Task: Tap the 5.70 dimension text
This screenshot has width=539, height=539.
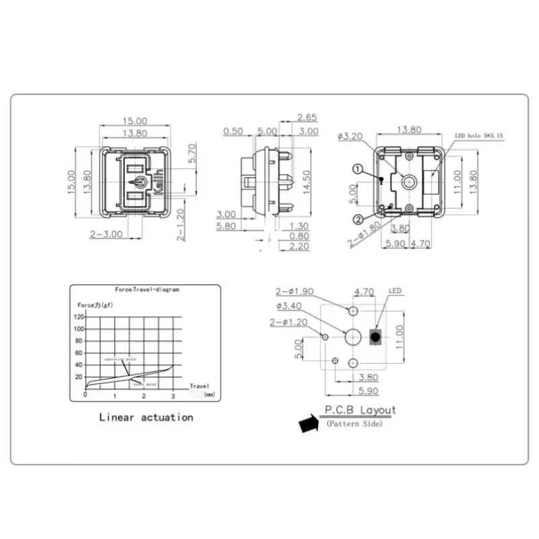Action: pyautogui.click(x=191, y=153)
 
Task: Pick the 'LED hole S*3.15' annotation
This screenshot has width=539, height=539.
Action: pyautogui.click(x=479, y=136)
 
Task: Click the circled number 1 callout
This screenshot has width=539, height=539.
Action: pyautogui.click(x=358, y=168)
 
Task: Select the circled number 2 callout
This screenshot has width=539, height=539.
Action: pyautogui.click(x=358, y=218)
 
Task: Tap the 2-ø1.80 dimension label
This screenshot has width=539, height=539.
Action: pyautogui.click(x=364, y=234)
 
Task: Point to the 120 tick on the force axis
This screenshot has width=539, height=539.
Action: pyautogui.click(x=79, y=316)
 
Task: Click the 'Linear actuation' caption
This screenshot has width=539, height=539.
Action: pyautogui.click(x=146, y=417)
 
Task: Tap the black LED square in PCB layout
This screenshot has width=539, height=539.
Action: pyautogui.click(x=377, y=336)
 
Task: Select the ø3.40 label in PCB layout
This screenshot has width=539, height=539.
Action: pyautogui.click(x=290, y=305)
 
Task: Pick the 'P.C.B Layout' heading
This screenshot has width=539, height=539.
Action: pyautogui.click(x=360, y=410)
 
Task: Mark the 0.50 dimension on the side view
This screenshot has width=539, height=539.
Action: pyautogui.click(x=233, y=131)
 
